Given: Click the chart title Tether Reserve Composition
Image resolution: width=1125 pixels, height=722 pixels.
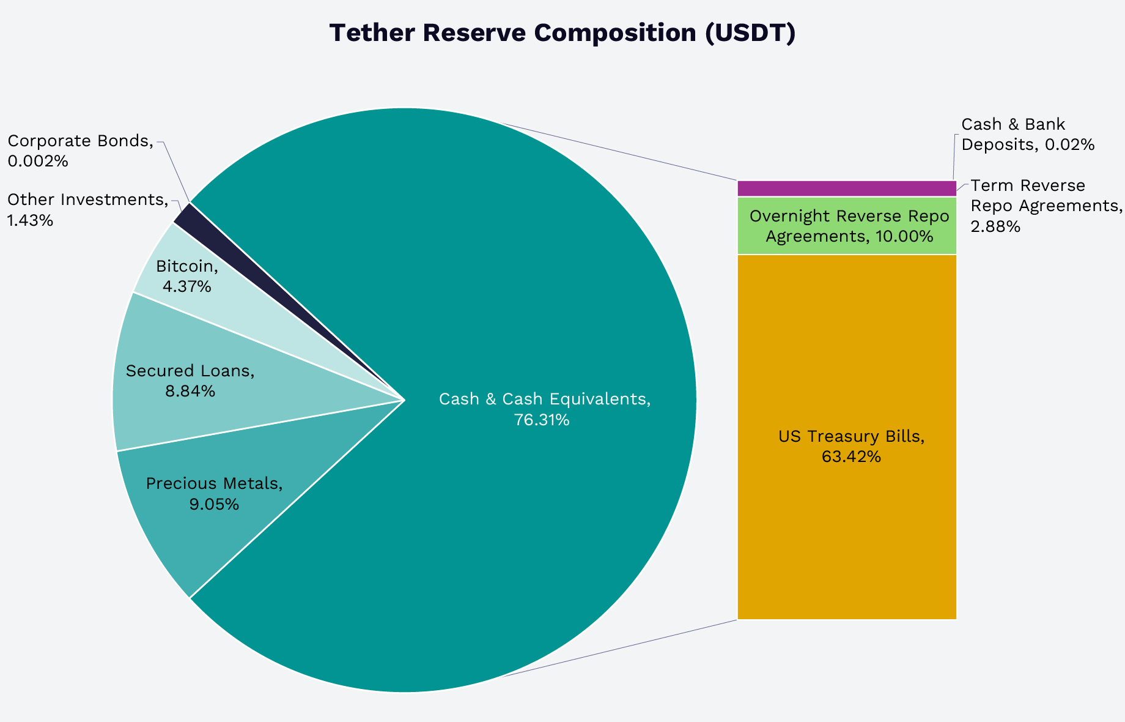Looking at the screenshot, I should [562, 33].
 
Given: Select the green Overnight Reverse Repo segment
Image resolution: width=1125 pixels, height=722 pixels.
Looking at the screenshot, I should [847, 226].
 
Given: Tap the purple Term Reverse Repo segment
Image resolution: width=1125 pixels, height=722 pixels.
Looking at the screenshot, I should [847, 188].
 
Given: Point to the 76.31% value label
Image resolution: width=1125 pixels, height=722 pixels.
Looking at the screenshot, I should [542, 420].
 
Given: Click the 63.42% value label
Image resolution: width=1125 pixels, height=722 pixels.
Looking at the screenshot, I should [851, 457].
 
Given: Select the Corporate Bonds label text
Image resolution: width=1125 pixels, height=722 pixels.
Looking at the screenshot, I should [80, 141].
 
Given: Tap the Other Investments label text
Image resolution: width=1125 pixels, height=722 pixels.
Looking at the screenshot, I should [87, 199].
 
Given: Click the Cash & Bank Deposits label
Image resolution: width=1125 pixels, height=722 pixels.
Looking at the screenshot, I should [1027, 135].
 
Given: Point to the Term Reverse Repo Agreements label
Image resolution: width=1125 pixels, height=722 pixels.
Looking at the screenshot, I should [1046, 205].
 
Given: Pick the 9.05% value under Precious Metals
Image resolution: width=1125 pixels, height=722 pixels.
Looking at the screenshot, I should [214, 505].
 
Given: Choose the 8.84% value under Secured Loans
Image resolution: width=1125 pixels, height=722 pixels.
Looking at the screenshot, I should [190, 392].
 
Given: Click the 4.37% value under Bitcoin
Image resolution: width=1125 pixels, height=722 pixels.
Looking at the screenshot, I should [186, 286].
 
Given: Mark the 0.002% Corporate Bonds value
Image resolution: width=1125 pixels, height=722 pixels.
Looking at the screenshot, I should [37, 162].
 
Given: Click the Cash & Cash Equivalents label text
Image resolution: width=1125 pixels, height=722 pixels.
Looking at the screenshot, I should [544, 400].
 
